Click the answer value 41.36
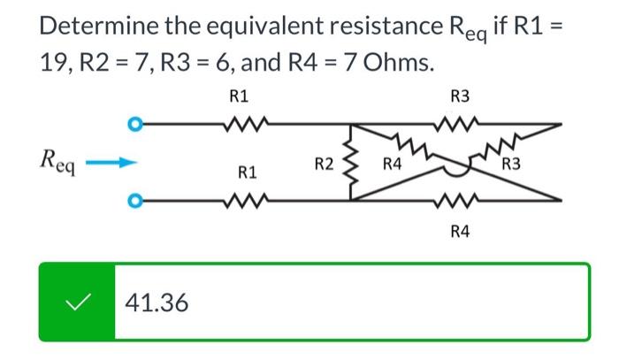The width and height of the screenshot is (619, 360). pyautogui.click(x=157, y=303)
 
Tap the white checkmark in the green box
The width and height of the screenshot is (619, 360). pyautogui.click(x=76, y=303)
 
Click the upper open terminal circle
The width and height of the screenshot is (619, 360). pyautogui.click(x=134, y=123)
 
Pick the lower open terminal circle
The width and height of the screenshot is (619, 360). pyautogui.click(x=134, y=200)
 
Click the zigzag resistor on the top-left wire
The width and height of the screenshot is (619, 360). pyautogui.click(x=240, y=123)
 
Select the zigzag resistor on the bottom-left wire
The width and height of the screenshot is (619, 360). pyautogui.click(x=240, y=200)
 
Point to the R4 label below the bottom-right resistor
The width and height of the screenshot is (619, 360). pyautogui.click(x=460, y=232)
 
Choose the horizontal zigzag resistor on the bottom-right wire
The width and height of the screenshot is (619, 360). pyautogui.click(x=461, y=200)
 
